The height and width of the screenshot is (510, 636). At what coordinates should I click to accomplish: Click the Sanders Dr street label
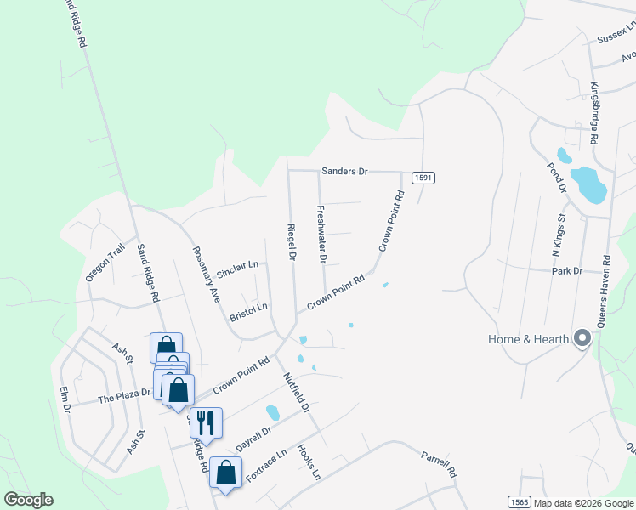[344, 171]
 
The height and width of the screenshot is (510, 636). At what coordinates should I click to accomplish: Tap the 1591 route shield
[423, 177]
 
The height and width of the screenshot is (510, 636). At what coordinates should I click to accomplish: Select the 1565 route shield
[520, 501]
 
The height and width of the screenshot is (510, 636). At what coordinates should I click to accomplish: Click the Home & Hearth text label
[528, 339]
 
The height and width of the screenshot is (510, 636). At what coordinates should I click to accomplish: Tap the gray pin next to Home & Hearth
[582, 339]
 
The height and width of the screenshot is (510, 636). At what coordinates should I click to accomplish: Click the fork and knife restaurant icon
[206, 422]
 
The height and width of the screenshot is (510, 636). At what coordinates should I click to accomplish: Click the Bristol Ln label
[248, 308]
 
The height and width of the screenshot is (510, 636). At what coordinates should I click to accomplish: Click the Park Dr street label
[565, 271]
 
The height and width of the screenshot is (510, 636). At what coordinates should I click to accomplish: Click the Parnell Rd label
[439, 464]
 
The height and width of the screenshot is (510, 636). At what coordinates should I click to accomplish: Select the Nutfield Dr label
[295, 393]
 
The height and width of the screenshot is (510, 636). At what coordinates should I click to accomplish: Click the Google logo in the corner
[28, 500]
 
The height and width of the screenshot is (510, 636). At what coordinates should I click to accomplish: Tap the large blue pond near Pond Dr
[588, 185]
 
